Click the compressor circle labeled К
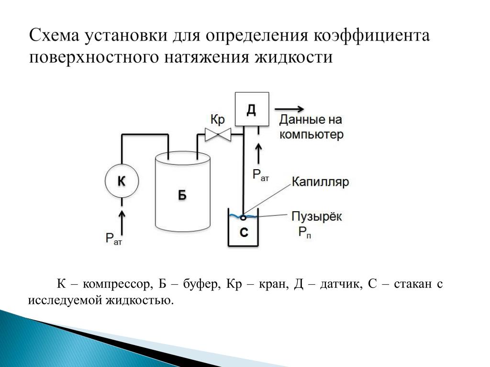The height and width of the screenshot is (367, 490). tap(122, 181)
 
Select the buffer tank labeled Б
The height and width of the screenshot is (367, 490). tap(182, 191)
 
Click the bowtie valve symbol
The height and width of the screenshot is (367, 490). tap(218, 135)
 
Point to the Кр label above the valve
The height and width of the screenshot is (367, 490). tap(218, 119)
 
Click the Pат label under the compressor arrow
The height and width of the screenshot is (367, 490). tap(114, 239)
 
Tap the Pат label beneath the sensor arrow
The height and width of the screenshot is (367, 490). tap(261, 174)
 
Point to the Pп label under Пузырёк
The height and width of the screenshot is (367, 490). tap(305, 233)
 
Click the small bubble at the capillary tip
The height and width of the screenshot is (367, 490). tap(243, 217)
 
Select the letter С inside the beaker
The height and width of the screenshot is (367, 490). tap(244, 233)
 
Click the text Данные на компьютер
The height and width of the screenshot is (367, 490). tap(311, 127)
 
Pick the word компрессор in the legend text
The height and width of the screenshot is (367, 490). tap(116, 284)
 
